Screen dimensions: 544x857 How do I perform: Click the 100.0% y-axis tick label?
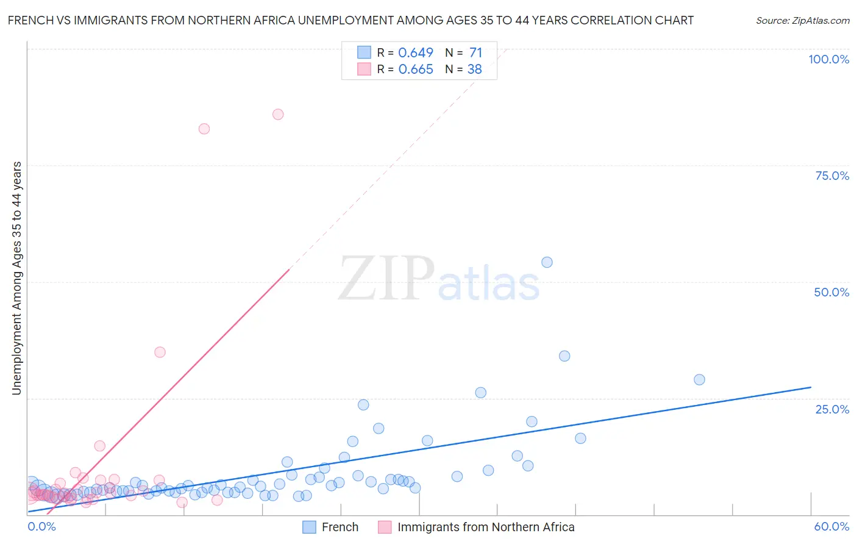(x=828, y=59)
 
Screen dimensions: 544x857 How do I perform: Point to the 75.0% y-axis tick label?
(x=832, y=176)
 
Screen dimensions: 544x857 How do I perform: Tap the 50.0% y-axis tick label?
(x=831, y=292)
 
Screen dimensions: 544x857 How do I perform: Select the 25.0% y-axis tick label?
(x=832, y=409)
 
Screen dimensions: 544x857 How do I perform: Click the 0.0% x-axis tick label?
(x=41, y=526)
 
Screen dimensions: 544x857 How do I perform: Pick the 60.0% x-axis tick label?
(x=831, y=526)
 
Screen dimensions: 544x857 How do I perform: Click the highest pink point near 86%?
(x=278, y=114)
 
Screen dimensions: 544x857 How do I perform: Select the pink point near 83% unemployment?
(x=204, y=129)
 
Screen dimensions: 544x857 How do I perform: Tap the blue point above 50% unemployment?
(x=547, y=262)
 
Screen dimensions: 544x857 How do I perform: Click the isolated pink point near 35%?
(x=160, y=352)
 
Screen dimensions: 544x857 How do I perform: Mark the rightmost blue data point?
(x=699, y=379)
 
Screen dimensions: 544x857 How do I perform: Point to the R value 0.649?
(x=416, y=52)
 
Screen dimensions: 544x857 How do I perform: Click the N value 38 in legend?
(x=474, y=69)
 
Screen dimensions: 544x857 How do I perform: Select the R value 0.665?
(x=416, y=69)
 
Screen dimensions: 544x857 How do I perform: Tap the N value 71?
(x=475, y=52)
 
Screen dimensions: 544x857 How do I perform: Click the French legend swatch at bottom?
(x=309, y=527)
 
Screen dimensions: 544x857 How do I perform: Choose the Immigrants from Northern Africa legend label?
(x=486, y=527)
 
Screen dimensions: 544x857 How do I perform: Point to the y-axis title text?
(x=16, y=278)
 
